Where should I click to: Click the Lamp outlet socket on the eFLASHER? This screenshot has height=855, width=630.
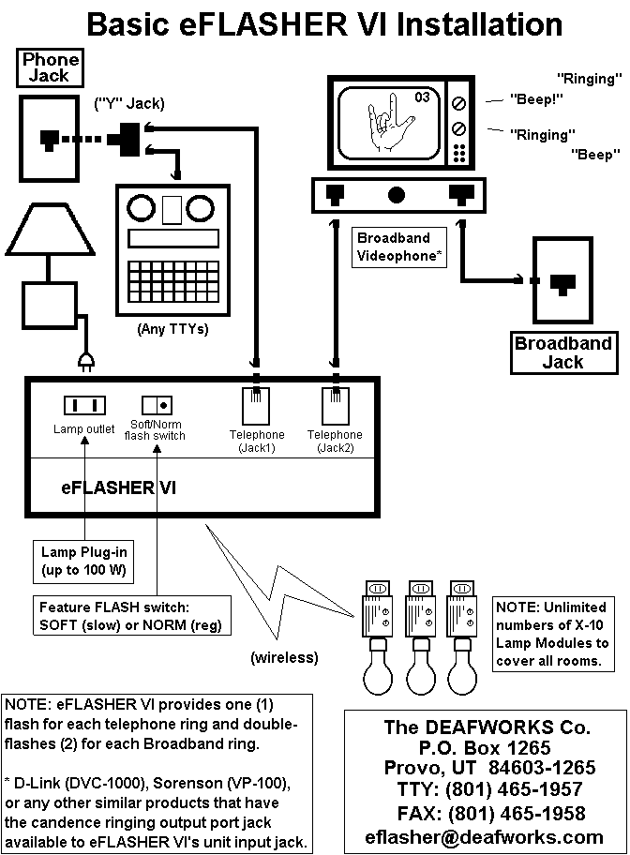(83, 406)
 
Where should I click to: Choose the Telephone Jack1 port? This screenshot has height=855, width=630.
(256, 407)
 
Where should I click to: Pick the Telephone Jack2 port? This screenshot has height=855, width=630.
(335, 407)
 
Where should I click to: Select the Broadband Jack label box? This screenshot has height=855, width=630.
(562, 352)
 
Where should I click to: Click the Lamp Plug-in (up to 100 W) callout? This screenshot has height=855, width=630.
(83, 561)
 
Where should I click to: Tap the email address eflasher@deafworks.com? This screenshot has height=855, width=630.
(486, 836)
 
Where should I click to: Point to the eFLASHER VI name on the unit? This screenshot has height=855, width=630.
(118, 487)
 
